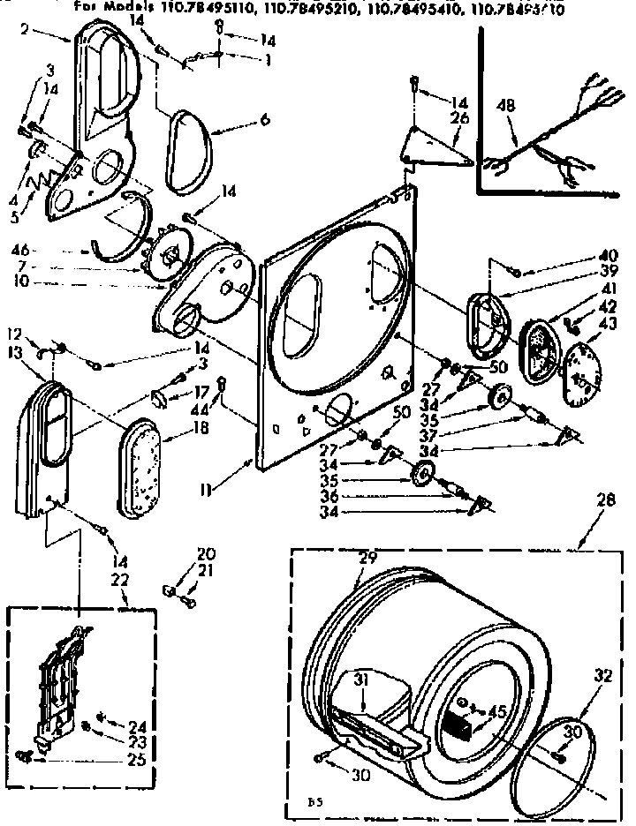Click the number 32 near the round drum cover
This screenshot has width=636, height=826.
[602, 676]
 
